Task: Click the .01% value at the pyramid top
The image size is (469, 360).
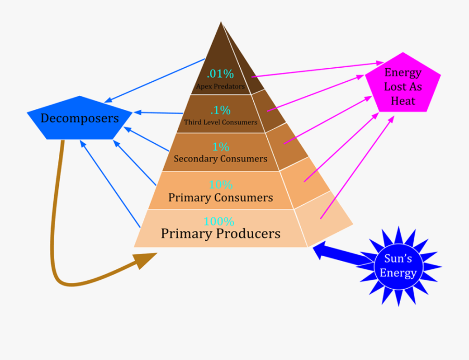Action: click(220, 73)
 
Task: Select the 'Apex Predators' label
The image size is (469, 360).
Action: click(220, 86)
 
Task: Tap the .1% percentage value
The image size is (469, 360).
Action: click(220, 110)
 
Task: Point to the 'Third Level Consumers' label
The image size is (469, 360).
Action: click(220, 122)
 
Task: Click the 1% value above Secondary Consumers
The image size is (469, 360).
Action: click(220, 147)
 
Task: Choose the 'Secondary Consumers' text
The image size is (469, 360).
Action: click(220, 159)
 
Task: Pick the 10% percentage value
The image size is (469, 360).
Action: click(220, 185)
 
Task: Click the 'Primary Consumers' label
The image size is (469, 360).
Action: click(220, 198)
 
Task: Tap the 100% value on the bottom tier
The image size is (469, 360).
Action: click(219, 221)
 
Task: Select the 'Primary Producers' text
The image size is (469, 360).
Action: click(220, 233)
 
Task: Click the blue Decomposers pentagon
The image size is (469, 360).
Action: click(80, 118)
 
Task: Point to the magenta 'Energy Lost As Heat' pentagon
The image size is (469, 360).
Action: click(403, 83)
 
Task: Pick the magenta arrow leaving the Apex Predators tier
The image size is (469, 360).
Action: click(313, 70)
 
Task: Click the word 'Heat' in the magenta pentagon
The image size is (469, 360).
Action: click(403, 101)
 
